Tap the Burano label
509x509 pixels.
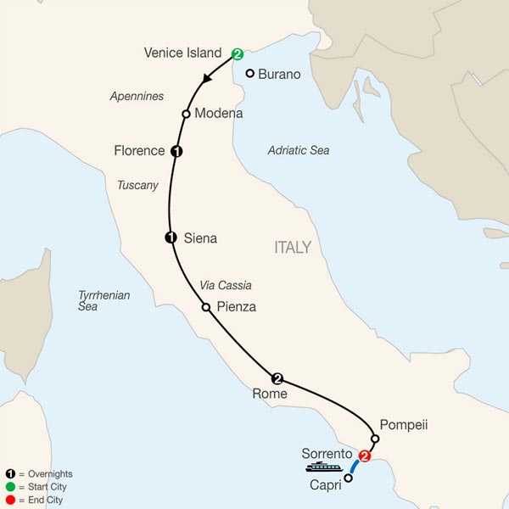pos(279,75)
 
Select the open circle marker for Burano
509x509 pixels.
pos(250,73)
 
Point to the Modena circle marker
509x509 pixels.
pos(185,114)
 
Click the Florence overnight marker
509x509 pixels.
pos(176,152)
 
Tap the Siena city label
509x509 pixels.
pos(200,238)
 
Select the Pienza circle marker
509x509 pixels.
pos(205,307)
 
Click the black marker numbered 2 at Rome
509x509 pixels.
pos(277,378)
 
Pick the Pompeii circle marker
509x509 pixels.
pos(375,439)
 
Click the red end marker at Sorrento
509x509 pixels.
pos(365,456)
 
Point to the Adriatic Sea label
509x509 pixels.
pos(298,150)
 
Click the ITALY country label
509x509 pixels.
pos(293,248)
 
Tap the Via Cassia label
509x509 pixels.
pos(225,286)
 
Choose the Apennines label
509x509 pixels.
pos(136,97)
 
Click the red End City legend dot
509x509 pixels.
pos(8,500)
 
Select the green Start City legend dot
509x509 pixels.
pos(8,487)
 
